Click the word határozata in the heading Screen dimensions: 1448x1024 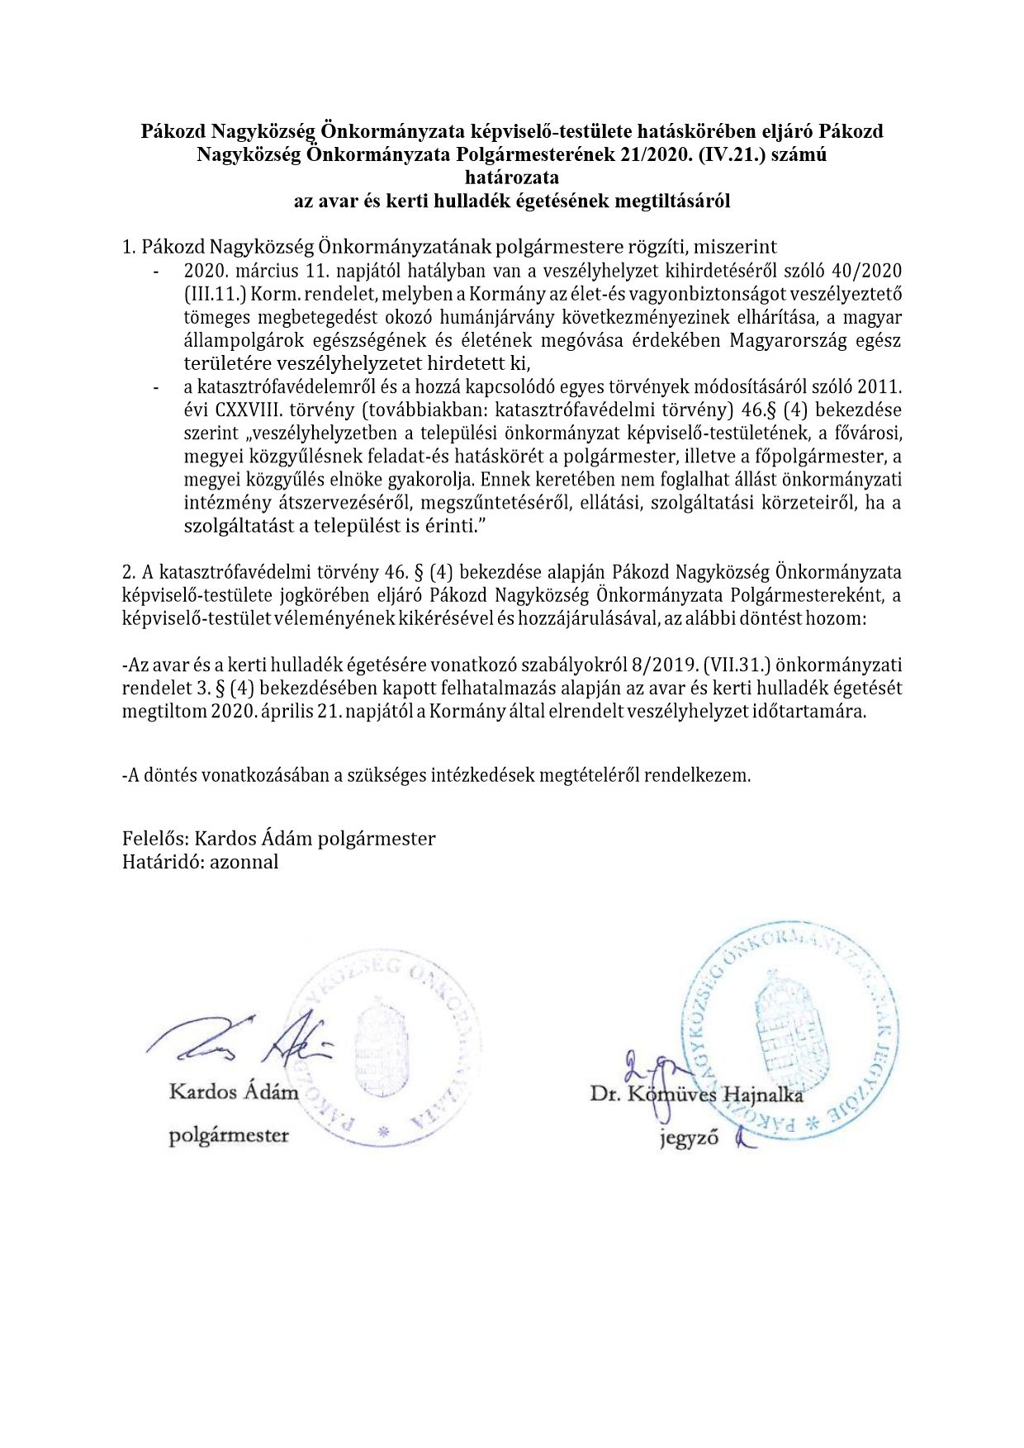click(512, 177)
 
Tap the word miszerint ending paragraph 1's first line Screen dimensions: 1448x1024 click(729, 247)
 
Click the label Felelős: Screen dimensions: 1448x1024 click(156, 839)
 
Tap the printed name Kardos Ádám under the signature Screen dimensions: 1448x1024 click(234, 1092)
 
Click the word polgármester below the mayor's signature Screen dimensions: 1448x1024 click(229, 1136)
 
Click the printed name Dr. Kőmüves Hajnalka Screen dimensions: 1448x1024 click(696, 1095)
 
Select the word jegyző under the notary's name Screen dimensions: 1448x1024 click(689, 1139)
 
